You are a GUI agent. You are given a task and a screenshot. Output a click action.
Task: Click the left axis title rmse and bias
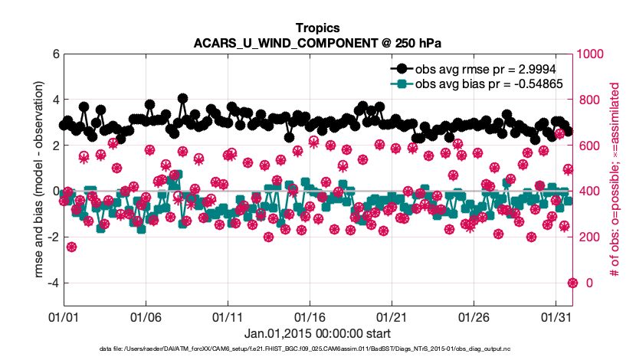pyautogui.click(x=29, y=180)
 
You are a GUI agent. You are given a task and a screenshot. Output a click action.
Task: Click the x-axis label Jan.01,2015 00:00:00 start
pyautogui.click(x=317, y=334)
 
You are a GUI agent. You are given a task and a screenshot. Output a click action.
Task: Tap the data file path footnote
pyautogui.click(x=317, y=349)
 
